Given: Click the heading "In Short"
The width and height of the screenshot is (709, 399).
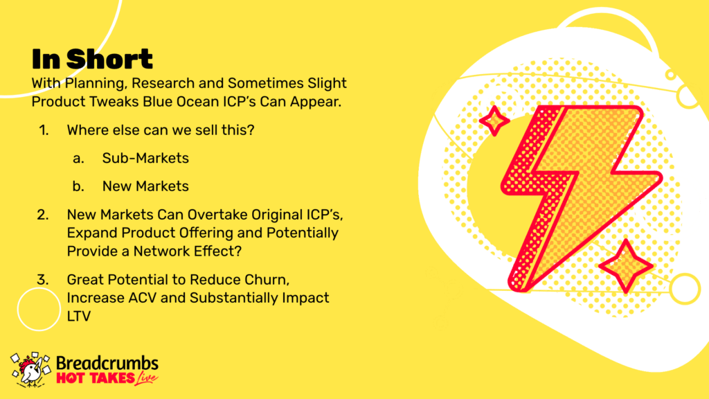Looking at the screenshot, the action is point(92,59).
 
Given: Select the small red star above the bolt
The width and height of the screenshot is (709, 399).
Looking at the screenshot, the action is point(494,121).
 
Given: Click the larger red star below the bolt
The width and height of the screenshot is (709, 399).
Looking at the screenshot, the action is point(626,267).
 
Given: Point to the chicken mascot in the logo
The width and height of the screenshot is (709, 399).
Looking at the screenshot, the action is point(30,370).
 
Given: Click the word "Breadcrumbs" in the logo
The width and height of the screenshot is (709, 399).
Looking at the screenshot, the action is point(107,363).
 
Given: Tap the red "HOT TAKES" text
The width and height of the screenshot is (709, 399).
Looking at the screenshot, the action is point(96,378).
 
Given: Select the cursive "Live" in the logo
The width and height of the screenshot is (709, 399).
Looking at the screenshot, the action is point(146,378).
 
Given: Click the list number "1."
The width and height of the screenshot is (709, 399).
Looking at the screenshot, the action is point(44,130).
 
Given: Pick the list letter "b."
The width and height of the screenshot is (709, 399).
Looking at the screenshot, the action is point(78,186).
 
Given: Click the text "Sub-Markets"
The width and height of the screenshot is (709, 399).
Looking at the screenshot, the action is point(145,158).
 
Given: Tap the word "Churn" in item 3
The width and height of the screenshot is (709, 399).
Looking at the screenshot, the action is point(267,280).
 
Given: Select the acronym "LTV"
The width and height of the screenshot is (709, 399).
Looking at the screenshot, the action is point(79,316).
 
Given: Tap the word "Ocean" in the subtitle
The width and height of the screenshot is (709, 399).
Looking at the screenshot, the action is point(197,101).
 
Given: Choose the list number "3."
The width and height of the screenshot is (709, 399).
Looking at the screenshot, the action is point(43,280).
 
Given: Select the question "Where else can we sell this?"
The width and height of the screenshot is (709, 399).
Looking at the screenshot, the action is point(161,130).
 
